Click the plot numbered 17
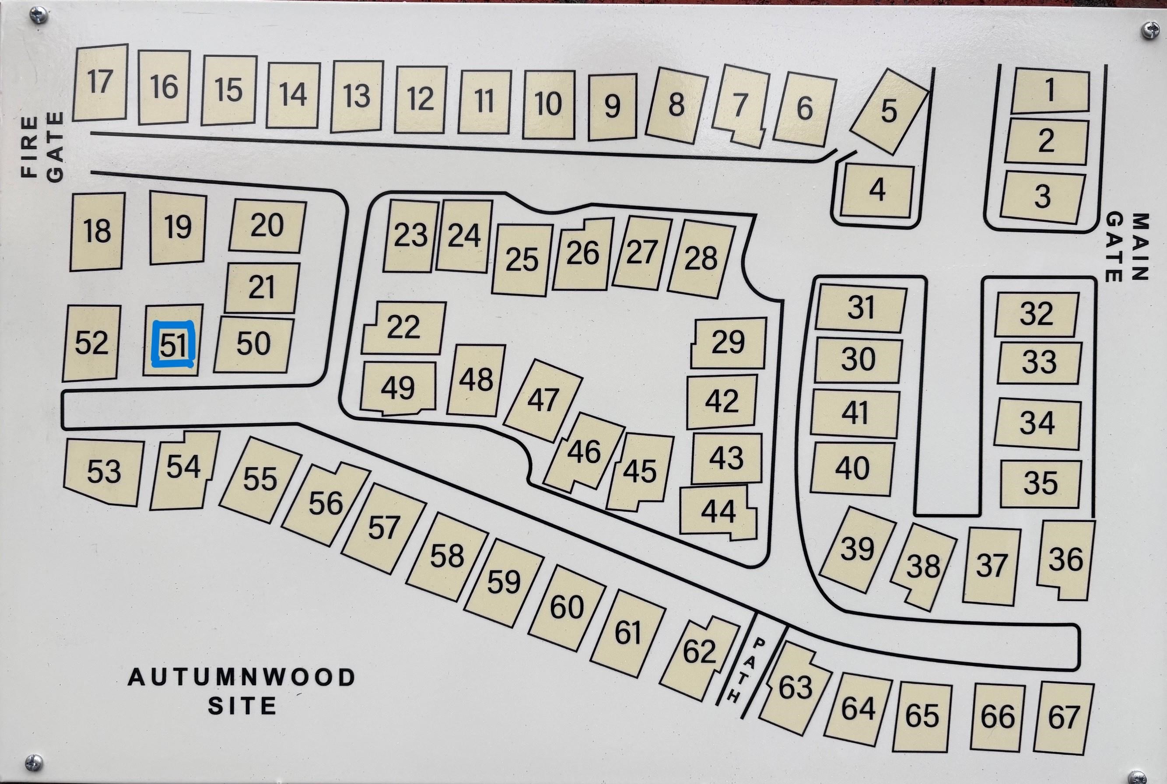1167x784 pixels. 100,83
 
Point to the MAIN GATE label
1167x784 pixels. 1126,248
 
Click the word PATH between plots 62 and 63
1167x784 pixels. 746,671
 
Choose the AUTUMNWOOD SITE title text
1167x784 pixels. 242,691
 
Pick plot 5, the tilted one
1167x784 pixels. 889,112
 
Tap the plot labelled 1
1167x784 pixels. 1050,91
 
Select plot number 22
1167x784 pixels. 403,328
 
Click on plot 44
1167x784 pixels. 718,511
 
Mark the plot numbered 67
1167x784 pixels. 1063,718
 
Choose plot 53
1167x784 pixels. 104,472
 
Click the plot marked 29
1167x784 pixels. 728,343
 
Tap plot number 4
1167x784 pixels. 877,190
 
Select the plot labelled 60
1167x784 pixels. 567,608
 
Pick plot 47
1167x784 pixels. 543,400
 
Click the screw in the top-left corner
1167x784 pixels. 39,15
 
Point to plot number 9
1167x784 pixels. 612,106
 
